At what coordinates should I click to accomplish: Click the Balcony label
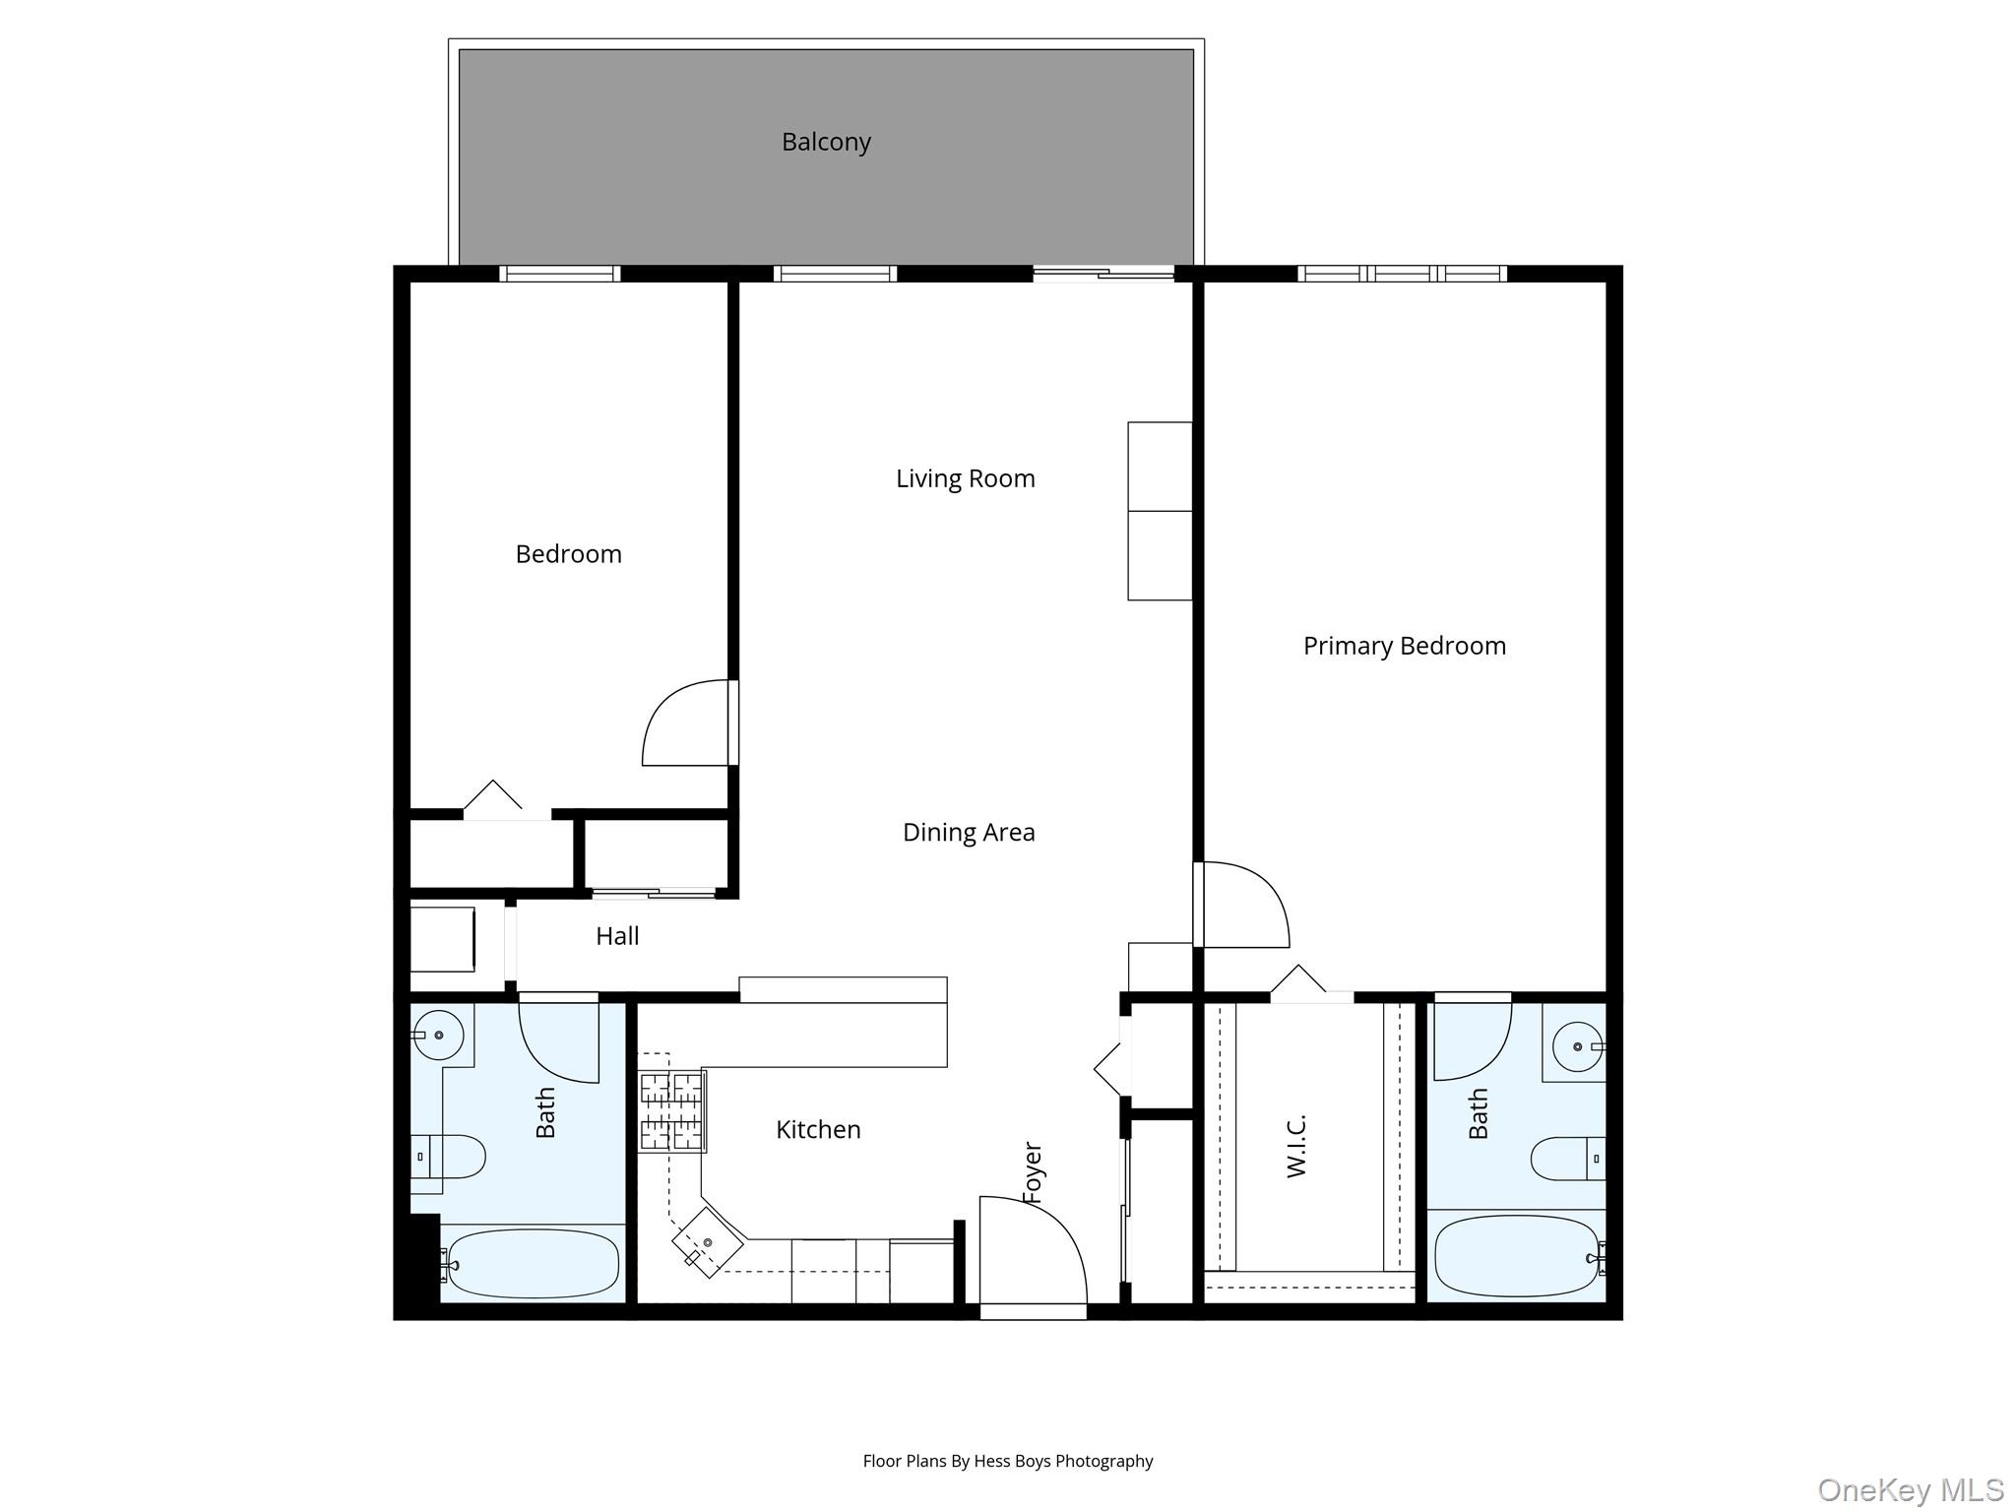(826, 143)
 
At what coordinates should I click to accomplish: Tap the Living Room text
(965, 479)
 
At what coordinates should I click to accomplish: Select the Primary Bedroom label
(1404, 647)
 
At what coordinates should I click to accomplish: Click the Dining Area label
(969, 833)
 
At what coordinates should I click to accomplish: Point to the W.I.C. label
(1296, 1146)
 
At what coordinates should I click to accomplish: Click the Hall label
(617, 936)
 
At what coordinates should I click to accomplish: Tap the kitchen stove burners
(671, 1112)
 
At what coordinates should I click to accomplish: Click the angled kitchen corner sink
(707, 1243)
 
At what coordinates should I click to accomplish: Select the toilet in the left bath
(451, 1157)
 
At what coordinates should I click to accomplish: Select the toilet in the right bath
(1565, 1158)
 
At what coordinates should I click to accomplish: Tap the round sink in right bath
(1578, 1046)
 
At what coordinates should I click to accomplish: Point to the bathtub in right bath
(1516, 1256)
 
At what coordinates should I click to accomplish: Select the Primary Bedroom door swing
(1242, 906)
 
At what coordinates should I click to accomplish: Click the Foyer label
(1033, 1172)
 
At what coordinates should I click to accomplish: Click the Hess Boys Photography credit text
(1007, 1462)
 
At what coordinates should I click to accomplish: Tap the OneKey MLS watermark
(1910, 1490)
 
